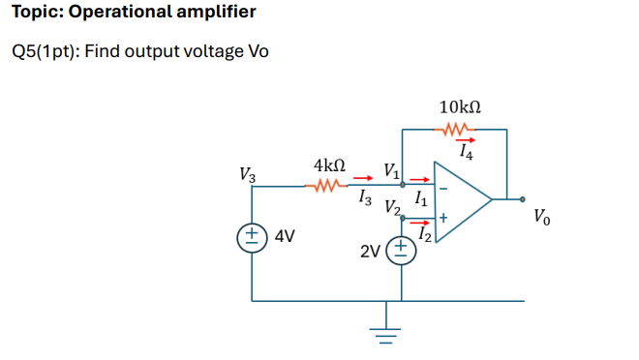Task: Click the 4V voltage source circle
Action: tap(253, 235)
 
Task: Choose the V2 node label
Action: tap(392, 206)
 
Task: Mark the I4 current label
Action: tap(467, 152)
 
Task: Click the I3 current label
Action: tap(363, 197)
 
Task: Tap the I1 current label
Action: tap(420, 197)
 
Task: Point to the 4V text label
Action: tap(286, 235)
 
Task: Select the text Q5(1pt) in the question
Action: tap(46, 50)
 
